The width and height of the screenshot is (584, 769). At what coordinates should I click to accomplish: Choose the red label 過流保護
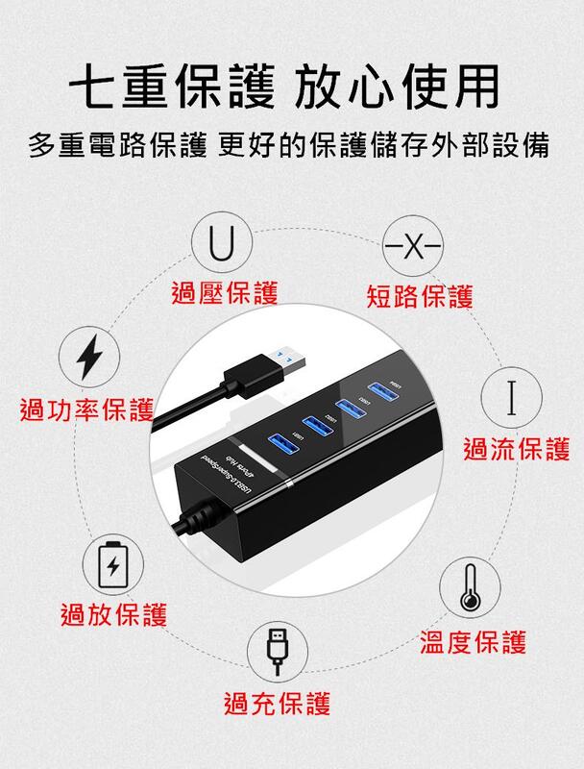pos(517,448)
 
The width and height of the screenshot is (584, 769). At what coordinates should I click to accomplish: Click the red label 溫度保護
pos(474,641)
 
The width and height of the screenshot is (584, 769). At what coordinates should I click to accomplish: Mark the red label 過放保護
pos(113,613)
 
